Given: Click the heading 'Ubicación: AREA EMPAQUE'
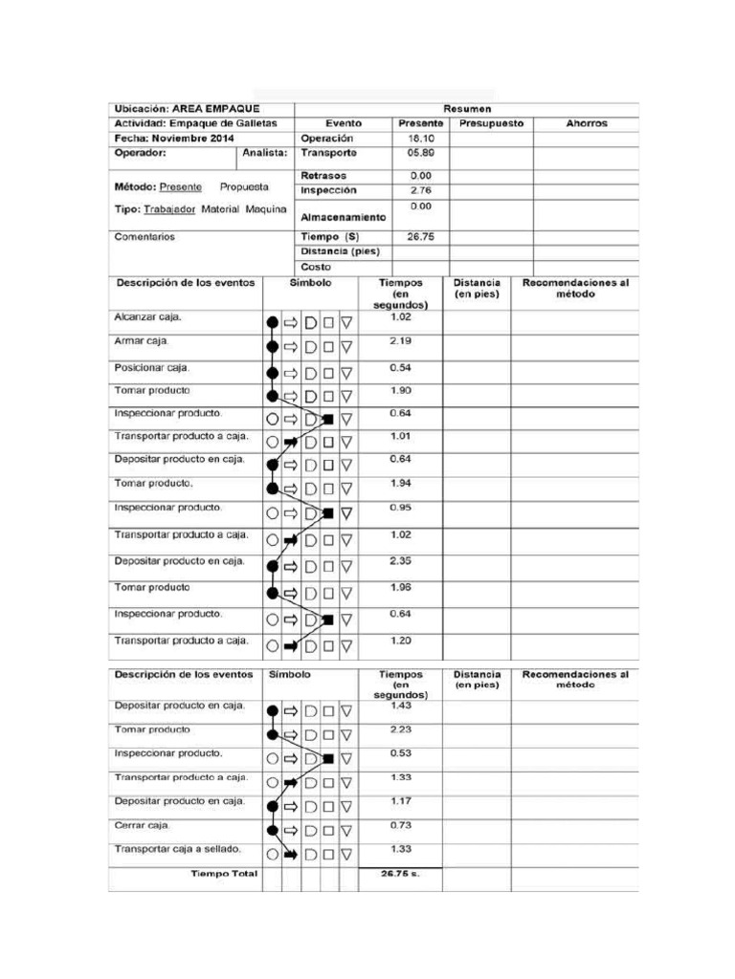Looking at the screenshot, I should click(x=187, y=109).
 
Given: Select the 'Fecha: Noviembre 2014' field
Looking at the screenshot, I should click(x=174, y=139).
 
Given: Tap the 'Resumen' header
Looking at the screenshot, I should click(x=466, y=109).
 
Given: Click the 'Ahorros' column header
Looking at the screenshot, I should click(x=586, y=123).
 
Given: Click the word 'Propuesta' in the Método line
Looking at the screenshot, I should click(x=244, y=187).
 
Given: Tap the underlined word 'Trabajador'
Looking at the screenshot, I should click(x=170, y=209).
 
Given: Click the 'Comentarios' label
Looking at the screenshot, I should click(x=145, y=236).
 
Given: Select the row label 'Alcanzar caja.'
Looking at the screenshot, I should click(x=147, y=317).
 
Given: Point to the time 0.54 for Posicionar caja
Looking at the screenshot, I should click(x=400, y=367).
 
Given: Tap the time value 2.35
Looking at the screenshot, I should click(x=400, y=560).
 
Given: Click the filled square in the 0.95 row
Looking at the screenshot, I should click(x=328, y=513).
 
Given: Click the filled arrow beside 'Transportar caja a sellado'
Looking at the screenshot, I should click(x=291, y=855).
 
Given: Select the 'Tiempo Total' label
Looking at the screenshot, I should click(x=224, y=874).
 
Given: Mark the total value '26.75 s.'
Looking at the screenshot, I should click(x=400, y=874).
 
